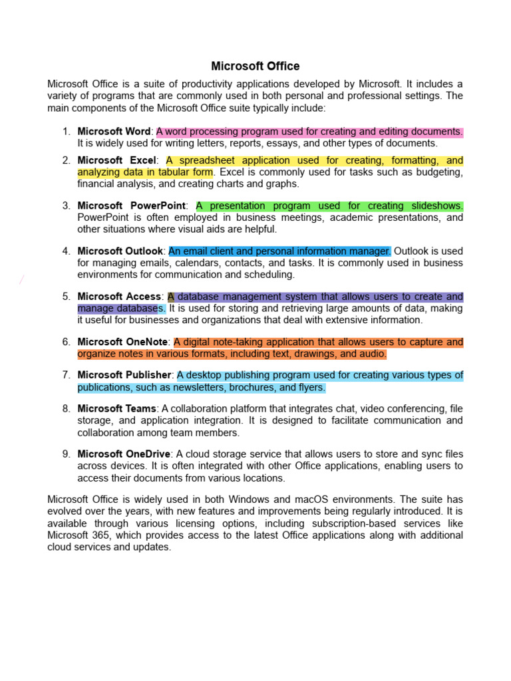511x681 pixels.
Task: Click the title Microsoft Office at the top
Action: [255, 67]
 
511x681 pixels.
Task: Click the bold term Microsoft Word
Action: [115, 132]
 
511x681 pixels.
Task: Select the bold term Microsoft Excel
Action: [117, 160]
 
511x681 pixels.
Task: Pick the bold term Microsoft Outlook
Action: [120, 251]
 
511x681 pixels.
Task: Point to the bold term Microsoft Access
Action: [119, 297]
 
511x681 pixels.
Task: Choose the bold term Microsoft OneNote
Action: [122, 342]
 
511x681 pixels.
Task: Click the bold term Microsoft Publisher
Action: [124, 375]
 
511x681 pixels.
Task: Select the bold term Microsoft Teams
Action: [117, 408]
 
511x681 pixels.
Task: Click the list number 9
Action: [67, 454]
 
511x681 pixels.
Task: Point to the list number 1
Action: [67, 132]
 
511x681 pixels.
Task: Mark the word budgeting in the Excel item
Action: [435, 172]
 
